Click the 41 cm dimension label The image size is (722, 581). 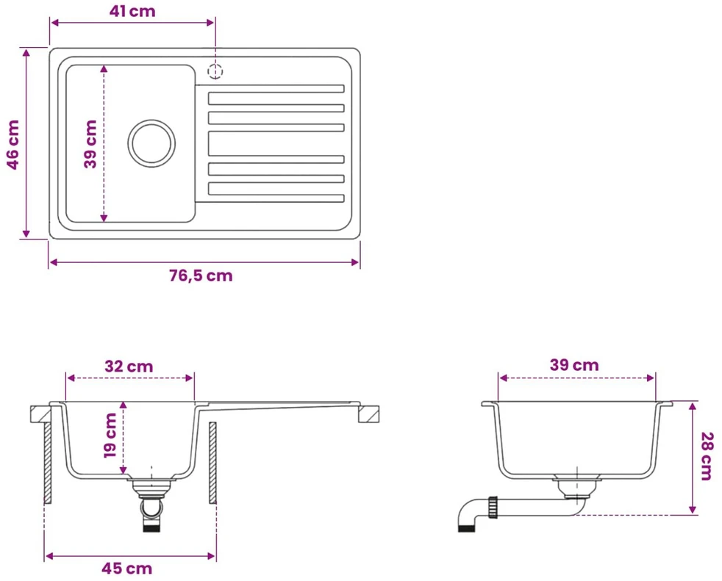pyautogui.click(x=132, y=11)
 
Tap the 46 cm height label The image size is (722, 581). pyautogui.click(x=13, y=145)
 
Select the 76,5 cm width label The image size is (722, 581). pyautogui.click(x=201, y=275)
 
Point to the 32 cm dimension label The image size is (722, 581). pyautogui.click(x=129, y=367)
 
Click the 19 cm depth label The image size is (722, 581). pyautogui.click(x=110, y=435)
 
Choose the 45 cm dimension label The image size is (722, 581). pyautogui.click(x=127, y=569)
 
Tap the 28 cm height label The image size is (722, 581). pyautogui.click(x=707, y=456)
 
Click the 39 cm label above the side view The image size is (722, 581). pyautogui.click(x=574, y=365)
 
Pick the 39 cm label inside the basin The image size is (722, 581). pyautogui.click(x=90, y=144)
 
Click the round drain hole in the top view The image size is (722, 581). pyautogui.click(x=151, y=143)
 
